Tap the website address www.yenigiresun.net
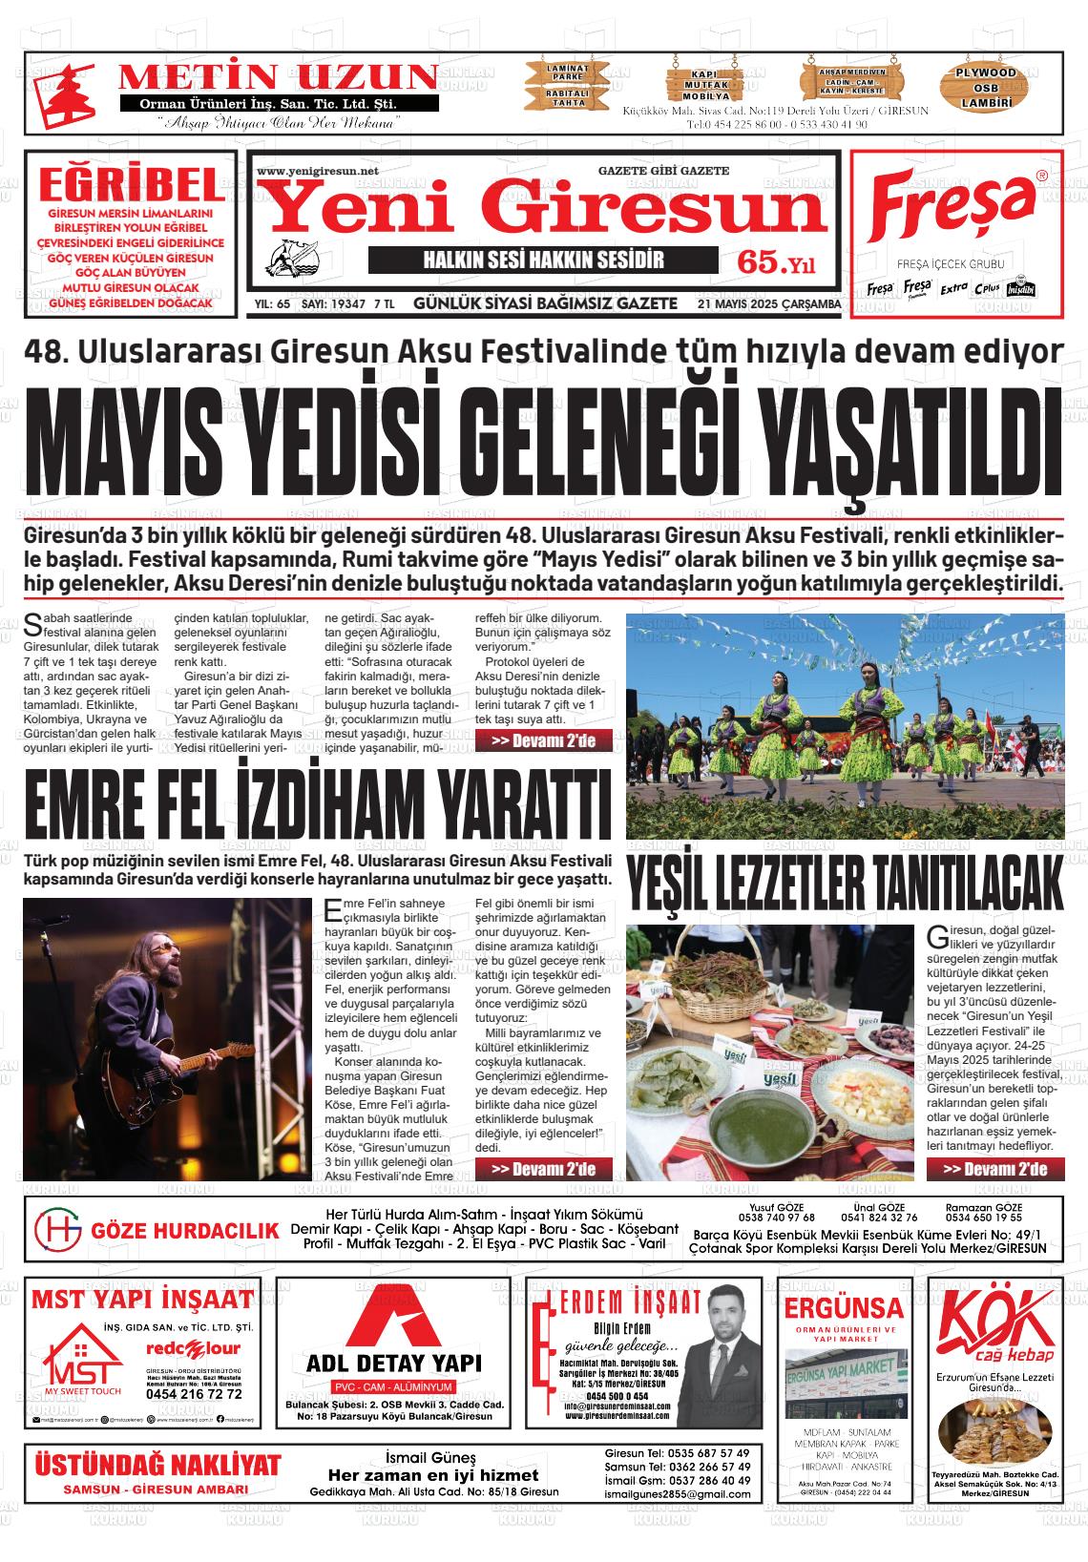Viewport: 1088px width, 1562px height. coord(318,172)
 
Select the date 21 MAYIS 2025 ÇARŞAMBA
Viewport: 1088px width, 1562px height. coord(769,304)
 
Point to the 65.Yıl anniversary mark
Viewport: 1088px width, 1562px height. coord(776,261)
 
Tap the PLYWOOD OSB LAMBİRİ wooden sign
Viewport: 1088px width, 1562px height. coord(987,87)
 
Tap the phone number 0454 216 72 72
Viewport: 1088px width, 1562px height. coord(195,1394)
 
